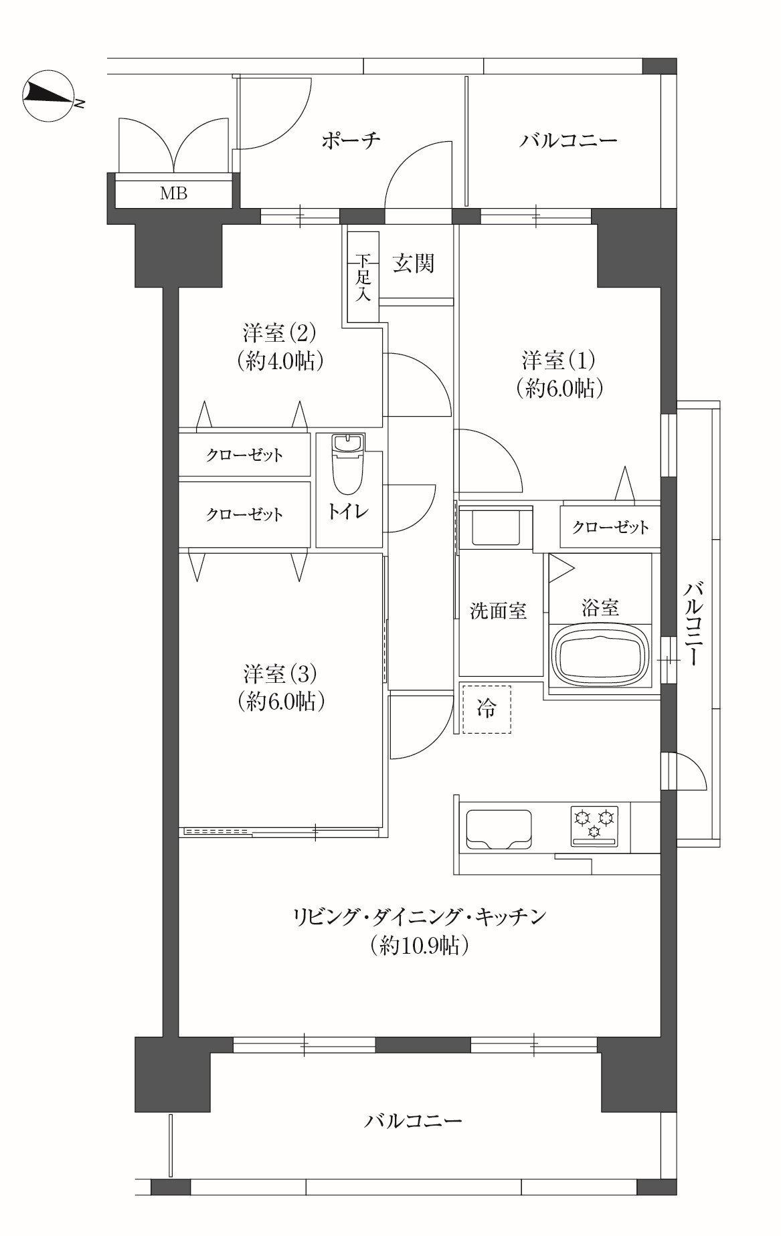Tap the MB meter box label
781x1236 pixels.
pyautogui.click(x=173, y=194)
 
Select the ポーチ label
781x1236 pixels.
pyautogui.click(x=351, y=140)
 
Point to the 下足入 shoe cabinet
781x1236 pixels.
pyautogui.click(x=363, y=277)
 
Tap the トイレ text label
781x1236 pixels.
pyautogui.click(x=348, y=512)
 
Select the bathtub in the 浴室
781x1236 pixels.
pyautogui.click(x=600, y=653)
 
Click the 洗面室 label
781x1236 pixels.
pyautogui.click(x=498, y=611)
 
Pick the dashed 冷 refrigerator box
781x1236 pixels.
pyautogui.click(x=487, y=709)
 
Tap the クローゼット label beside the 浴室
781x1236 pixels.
pyautogui.click(x=610, y=527)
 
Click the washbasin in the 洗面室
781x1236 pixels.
pyautogui.click(x=496, y=528)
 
